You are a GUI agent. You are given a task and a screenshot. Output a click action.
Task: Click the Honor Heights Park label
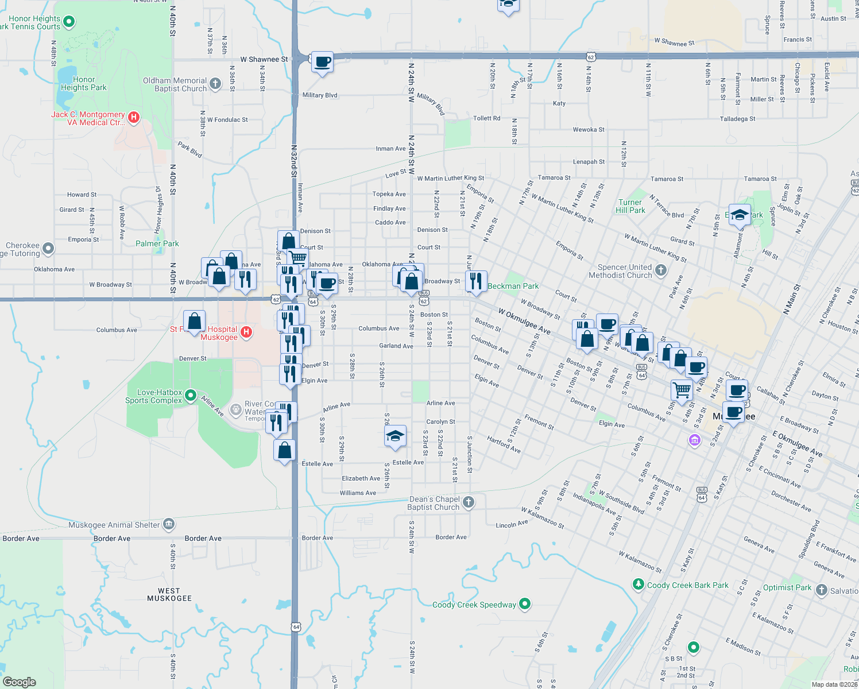[x=84, y=84]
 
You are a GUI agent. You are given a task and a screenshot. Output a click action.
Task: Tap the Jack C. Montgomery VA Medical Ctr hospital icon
[x=134, y=118]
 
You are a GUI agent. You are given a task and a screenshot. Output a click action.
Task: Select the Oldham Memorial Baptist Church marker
[x=215, y=84]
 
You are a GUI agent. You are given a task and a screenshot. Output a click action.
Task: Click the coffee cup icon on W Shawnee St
[x=322, y=61]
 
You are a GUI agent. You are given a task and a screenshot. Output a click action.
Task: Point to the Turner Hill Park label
[x=630, y=206]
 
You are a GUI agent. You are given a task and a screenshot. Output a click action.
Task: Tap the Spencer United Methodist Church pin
[x=661, y=270]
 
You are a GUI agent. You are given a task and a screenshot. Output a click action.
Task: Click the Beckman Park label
[x=513, y=286]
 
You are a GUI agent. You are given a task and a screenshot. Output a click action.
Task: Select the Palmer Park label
[x=157, y=243]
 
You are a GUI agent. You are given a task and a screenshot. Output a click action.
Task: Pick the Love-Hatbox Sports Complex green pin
[x=191, y=396]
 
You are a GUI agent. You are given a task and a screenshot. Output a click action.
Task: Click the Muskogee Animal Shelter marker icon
[x=168, y=524]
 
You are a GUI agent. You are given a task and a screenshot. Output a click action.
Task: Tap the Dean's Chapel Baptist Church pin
[x=469, y=502]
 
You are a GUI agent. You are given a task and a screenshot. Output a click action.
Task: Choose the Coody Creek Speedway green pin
[x=524, y=603]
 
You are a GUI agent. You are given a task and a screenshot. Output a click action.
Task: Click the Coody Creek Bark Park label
[x=687, y=585]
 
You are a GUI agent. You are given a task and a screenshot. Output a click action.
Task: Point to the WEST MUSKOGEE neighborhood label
[x=169, y=594]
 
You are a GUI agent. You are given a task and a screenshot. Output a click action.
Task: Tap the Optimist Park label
[x=787, y=587]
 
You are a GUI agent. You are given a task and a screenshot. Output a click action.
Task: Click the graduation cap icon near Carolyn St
[x=395, y=436]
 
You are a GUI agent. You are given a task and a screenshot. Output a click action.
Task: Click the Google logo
[x=20, y=682]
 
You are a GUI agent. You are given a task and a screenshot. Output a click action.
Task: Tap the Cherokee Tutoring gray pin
[x=48, y=248]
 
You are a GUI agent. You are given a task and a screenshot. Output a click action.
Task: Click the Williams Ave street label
[x=358, y=493]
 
